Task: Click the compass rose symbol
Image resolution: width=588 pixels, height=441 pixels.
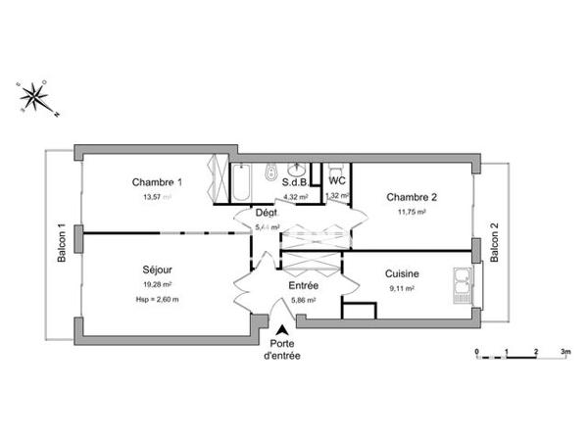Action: pyautogui.click(x=35, y=96)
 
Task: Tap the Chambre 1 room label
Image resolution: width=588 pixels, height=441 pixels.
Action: pyautogui.click(x=157, y=182)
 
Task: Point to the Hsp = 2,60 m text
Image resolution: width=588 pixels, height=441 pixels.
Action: pyautogui.click(x=157, y=299)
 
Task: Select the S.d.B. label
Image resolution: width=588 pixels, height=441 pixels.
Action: pyautogui.click(x=296, y=182)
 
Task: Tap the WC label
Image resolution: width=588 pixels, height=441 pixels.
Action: pyautogui.click(x=336, y=181)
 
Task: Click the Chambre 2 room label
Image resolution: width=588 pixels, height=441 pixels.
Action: pyautogui.click(x=411, y=196)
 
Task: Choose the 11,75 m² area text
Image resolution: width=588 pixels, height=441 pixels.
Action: pyautogui.click(x=411, y=211)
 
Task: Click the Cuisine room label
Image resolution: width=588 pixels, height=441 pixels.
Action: pyautogui.click(x=403, y=274)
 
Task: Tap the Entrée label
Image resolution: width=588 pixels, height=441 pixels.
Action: pyautogui.click(x=302, y=286)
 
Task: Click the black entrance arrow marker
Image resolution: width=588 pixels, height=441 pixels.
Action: pyautogui.click(x=283, y=331)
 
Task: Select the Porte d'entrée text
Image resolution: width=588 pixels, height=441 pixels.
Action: pyautogui.click(x=282, y=350)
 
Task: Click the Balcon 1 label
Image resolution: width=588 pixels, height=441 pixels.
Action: pyautogui.click(x=62, y=243)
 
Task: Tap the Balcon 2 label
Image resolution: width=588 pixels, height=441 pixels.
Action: pyautogui.click(x=495, y=243)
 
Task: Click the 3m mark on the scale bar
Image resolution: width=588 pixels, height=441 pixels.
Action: pyautogui.click(x=564, y=350)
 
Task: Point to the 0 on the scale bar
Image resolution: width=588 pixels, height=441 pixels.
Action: pyautogui.click(x=476, y=350)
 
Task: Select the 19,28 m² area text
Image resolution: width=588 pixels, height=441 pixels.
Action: pyautogui.click(x=157, y=285)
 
